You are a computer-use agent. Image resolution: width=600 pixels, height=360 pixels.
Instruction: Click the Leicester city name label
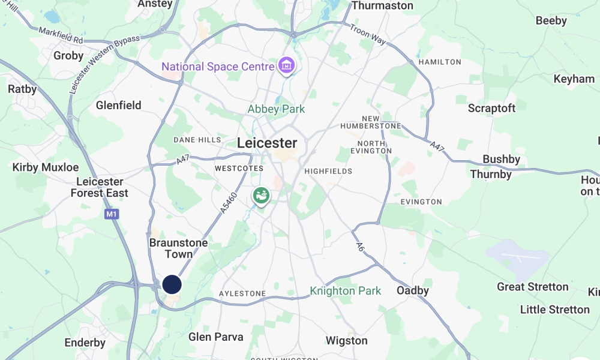click(x=267, y=143)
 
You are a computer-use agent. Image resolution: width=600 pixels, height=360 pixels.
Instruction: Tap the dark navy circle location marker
click(x=172, y=284)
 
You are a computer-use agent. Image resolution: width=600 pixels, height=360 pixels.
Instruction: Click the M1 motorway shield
click(x=110, y=214)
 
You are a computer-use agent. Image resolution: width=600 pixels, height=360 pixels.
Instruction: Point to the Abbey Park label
click(x=276, y=109)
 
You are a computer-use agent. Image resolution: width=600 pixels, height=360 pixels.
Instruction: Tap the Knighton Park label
click(x=345, y=291)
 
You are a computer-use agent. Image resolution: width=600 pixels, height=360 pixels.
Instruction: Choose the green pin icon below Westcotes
click(x=261, y=196)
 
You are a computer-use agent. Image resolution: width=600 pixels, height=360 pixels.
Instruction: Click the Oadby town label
click(x=413, y=290)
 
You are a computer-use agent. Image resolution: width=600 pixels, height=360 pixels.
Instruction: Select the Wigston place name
click(x=346, y=341)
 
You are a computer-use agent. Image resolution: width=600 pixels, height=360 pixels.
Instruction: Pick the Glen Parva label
click(x=216, y=337)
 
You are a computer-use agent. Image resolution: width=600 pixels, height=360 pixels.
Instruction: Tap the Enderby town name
click(x=85, y=343)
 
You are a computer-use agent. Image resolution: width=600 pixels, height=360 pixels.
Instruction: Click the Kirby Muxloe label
click(x=46, y=167)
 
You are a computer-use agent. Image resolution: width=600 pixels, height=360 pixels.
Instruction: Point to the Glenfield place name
click(x=118, y=106)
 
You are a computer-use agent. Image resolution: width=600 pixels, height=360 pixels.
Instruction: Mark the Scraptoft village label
click(x=491, y=109)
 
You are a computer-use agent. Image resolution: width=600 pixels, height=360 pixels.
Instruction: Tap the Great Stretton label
click(x=532, y=287)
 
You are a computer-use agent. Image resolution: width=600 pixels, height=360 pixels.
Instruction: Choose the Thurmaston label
click(x=382, y=5)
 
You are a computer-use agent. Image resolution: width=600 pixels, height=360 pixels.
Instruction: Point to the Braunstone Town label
click(x=178, y=248)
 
